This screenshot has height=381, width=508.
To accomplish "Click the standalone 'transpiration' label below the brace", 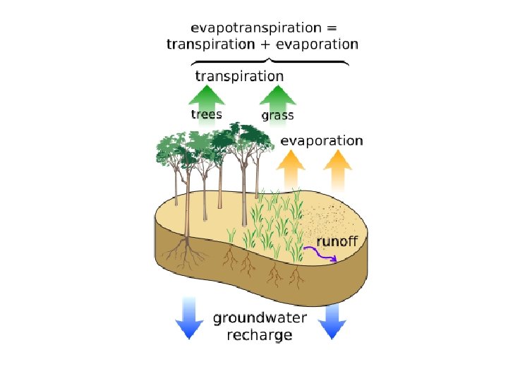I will coord(239,75).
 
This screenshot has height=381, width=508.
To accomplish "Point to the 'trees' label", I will coord(207,114).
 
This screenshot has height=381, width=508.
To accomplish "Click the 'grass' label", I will coord(277,115).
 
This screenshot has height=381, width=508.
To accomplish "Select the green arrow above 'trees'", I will coord(207,99).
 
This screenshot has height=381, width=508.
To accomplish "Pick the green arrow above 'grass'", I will coord(277,99).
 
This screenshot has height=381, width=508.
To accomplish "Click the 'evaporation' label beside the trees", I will coord(322,141).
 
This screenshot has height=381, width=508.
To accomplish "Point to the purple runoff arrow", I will coord(321,255).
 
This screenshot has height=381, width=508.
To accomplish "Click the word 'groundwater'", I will coord(260,318).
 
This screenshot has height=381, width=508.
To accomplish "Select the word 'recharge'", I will coord(260,335).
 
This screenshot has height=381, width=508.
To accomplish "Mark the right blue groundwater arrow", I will coord(332,321).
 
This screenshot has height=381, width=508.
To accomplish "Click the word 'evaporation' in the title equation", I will coord(317,44).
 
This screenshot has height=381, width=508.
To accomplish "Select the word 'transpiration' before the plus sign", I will coord(210,44).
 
